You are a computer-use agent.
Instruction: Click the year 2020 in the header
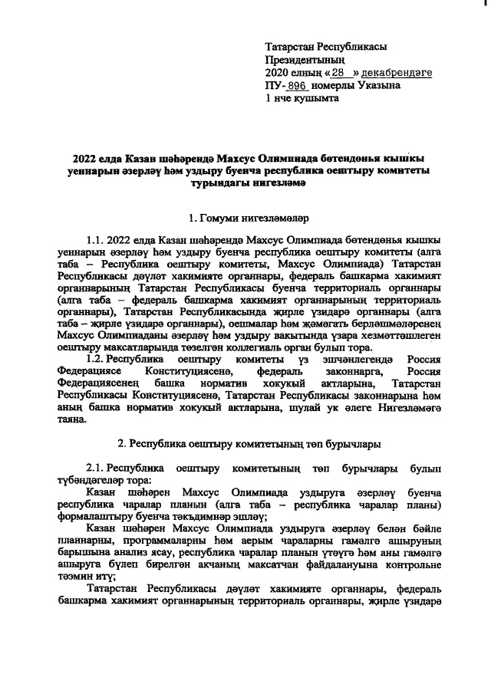[x=278, y=73]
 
